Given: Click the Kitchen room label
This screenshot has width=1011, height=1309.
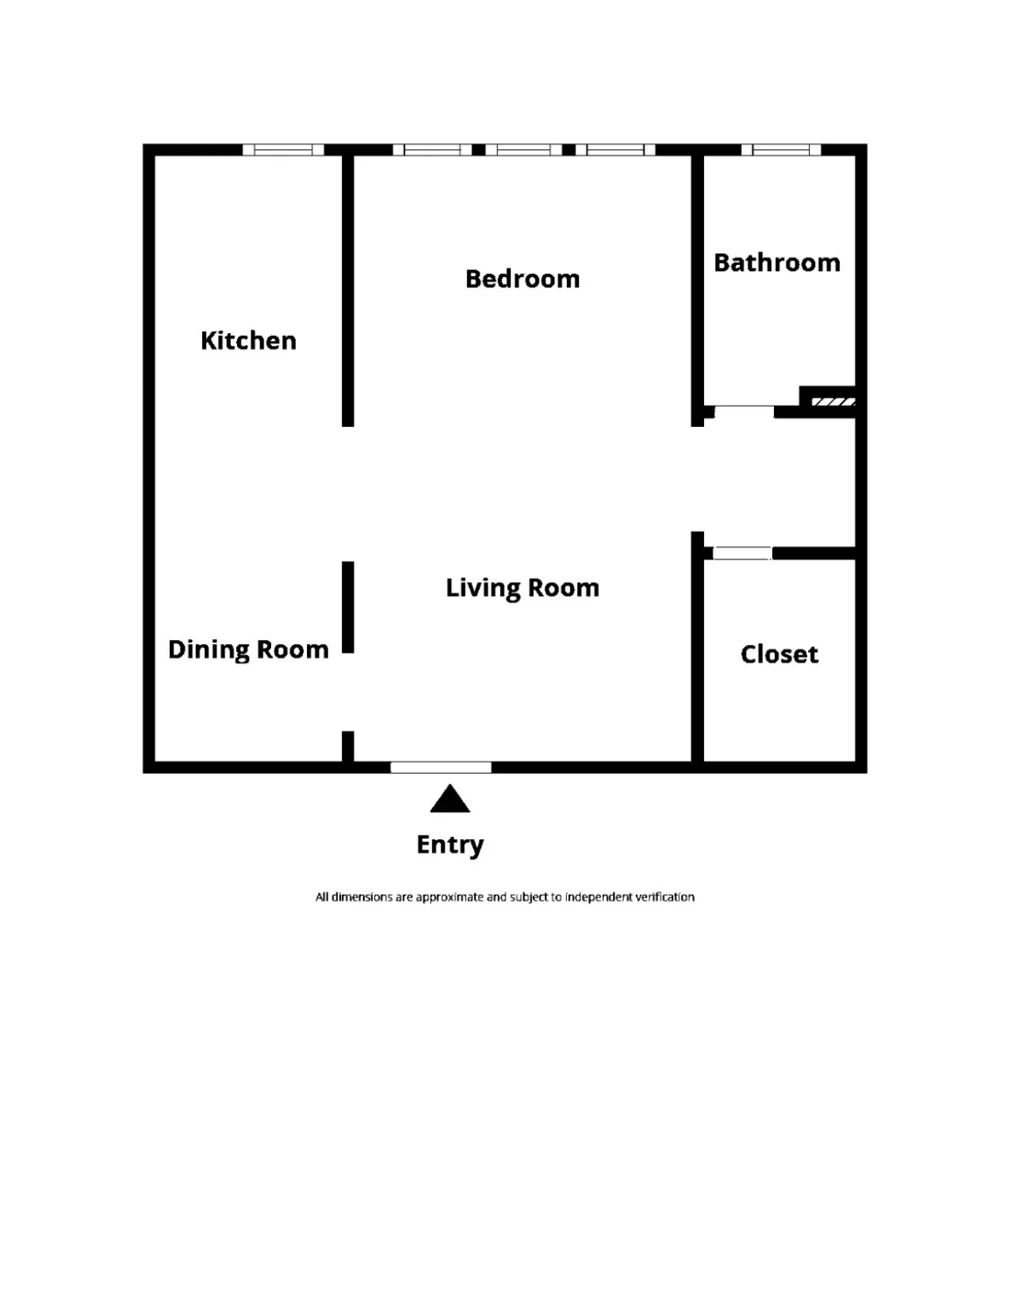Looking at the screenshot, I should point(248,341).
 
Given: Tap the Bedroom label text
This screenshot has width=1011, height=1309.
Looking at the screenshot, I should point(522,279).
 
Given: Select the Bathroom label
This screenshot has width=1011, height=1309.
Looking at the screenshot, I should point(777,262).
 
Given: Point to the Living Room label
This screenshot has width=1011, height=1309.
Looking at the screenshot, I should point(522,588).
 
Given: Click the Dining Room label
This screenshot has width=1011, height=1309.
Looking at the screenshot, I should point(248,649).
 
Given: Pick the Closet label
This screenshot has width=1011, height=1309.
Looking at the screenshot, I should point(779,654).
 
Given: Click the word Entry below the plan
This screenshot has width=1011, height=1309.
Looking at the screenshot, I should point(449,845).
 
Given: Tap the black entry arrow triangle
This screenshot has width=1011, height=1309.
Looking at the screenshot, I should point(450,801).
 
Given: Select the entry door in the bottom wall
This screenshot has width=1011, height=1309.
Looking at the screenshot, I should point(441,767).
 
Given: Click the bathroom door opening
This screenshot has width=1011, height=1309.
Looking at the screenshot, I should point(743,412).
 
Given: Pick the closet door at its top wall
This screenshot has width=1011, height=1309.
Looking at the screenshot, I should point(742,553).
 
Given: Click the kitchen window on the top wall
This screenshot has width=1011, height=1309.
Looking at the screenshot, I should point(283,150).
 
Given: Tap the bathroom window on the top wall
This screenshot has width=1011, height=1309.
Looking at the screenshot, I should point(781,150).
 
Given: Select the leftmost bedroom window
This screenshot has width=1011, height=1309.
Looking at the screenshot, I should point(432,150).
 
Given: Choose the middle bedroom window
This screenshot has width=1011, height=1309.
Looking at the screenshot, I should point(523,150).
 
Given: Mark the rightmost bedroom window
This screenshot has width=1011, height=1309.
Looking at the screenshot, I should point(615,150).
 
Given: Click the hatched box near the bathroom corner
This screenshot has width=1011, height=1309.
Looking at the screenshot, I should point(833,401).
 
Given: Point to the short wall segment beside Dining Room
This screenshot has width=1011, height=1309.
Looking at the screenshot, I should point(348,607).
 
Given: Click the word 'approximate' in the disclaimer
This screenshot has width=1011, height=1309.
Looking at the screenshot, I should point(448,897).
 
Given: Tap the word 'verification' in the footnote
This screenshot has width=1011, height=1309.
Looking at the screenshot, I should point(664,897).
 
